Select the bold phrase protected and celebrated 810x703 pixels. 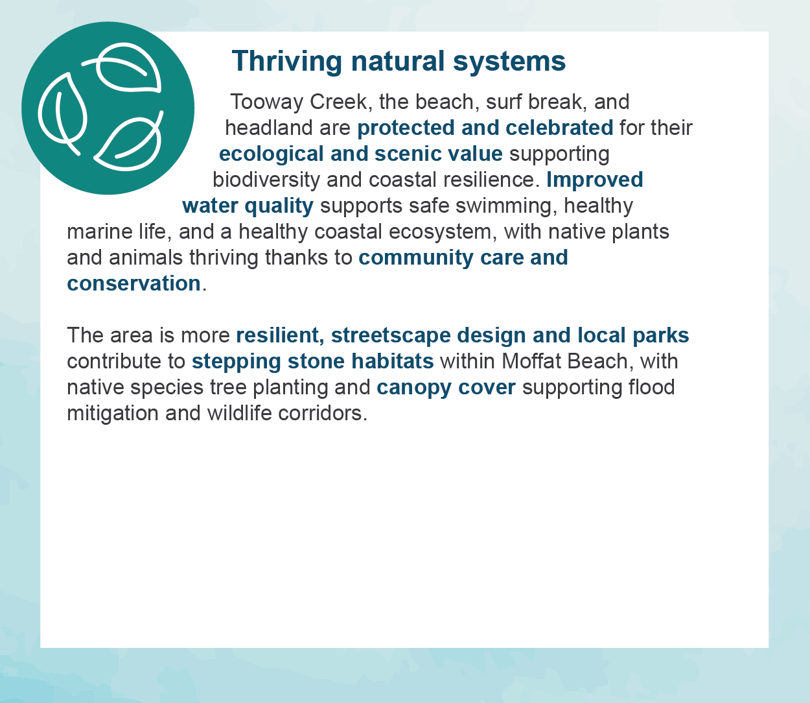point(485,128)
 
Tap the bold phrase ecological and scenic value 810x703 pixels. point(360,154)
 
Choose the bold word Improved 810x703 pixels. point(594,180)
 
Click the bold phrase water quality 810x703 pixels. point(248,206)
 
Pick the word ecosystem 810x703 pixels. point(441,232)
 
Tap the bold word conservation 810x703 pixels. point(133,283)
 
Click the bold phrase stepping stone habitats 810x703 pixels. point(312,361)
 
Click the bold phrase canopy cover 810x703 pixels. point(446,387)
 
